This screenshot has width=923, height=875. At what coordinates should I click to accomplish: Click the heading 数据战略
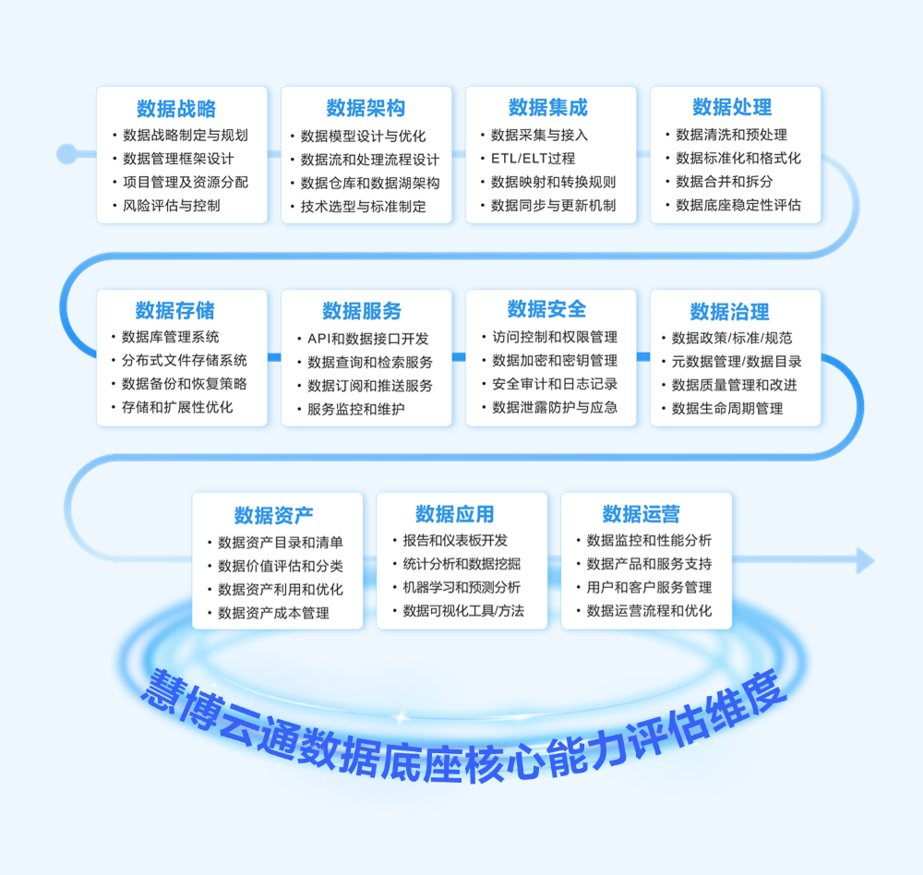pyautogui.click(x=176, y=109)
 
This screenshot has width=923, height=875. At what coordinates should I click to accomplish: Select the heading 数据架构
pyautogui.click(x=366, y=109)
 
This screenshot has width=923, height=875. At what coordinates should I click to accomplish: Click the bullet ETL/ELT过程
pyautogui.click(x=533, y=159)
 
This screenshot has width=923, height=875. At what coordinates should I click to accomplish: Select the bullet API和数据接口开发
pyautogui.click(x=368, y=339)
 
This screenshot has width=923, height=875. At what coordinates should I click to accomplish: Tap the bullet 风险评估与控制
pyautogui.click(x=172, y=206)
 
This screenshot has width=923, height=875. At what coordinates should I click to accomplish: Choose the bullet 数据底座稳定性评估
pyautogui.click(x=738, y=205)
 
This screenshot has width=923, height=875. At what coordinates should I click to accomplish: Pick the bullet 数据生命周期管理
pyautogui.click(x=727, y=408)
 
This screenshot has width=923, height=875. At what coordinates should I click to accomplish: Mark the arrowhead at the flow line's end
pyautogui.click(x=865, y=560)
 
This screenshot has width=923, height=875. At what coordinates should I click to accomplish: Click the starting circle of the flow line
pyautogui.click(x=66, y=152)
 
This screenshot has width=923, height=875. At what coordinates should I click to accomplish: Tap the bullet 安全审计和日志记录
pyautogui.click(x=555, y=384)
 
